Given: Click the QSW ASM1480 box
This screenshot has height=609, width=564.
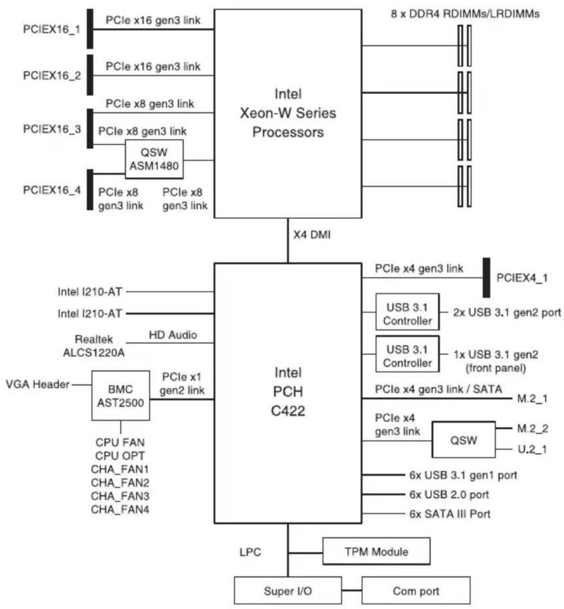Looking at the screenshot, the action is (154, 159).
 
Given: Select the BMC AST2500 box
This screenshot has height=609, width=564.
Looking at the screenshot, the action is (121, 396).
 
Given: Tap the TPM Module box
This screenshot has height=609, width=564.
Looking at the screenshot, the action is (376, 551).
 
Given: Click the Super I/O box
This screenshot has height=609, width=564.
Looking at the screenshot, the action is (288, 591).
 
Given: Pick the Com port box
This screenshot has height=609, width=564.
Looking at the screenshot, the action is (416, 591).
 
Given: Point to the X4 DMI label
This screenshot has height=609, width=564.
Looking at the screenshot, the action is (312, 235).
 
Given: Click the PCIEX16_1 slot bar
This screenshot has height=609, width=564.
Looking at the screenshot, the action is (90, 29).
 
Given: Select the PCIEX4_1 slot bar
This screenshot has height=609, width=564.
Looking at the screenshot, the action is (486, 278).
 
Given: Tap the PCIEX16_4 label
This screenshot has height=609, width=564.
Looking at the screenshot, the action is (52, 190).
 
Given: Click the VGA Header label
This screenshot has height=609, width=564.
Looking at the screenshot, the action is (38, 384).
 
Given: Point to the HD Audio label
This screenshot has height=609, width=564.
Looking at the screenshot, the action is (173, 334).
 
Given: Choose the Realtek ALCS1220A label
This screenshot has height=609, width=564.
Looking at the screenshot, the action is (94, 346).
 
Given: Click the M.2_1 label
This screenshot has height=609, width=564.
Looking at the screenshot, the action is (532, 399).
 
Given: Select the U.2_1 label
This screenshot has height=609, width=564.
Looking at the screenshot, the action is (532, 449).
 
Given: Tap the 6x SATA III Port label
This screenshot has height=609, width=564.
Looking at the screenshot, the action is (450, 513).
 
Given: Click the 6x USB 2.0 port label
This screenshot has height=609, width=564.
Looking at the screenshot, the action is (449, 494).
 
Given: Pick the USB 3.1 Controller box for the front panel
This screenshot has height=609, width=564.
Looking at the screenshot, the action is (407, 354).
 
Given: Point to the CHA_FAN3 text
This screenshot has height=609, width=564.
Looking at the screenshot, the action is (120, 496).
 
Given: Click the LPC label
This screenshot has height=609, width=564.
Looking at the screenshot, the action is (250, 552).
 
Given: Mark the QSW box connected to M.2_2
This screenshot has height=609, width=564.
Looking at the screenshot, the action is (464, 440).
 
